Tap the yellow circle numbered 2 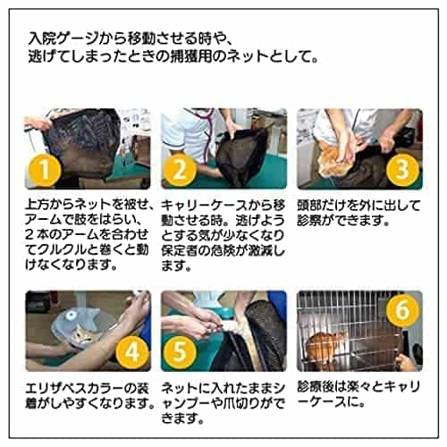pyautogui.click(x=180, y=171)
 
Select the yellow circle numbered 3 pyautogui.click(x=402, y=169)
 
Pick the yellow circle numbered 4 pyautogui.click(x=131, y=352)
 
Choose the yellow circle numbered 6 pyautogui.click(x=402, y=309)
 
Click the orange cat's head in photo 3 pyautogui.click(x=332, y=163)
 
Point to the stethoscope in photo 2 pyautogui.click(x=206, y=131)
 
